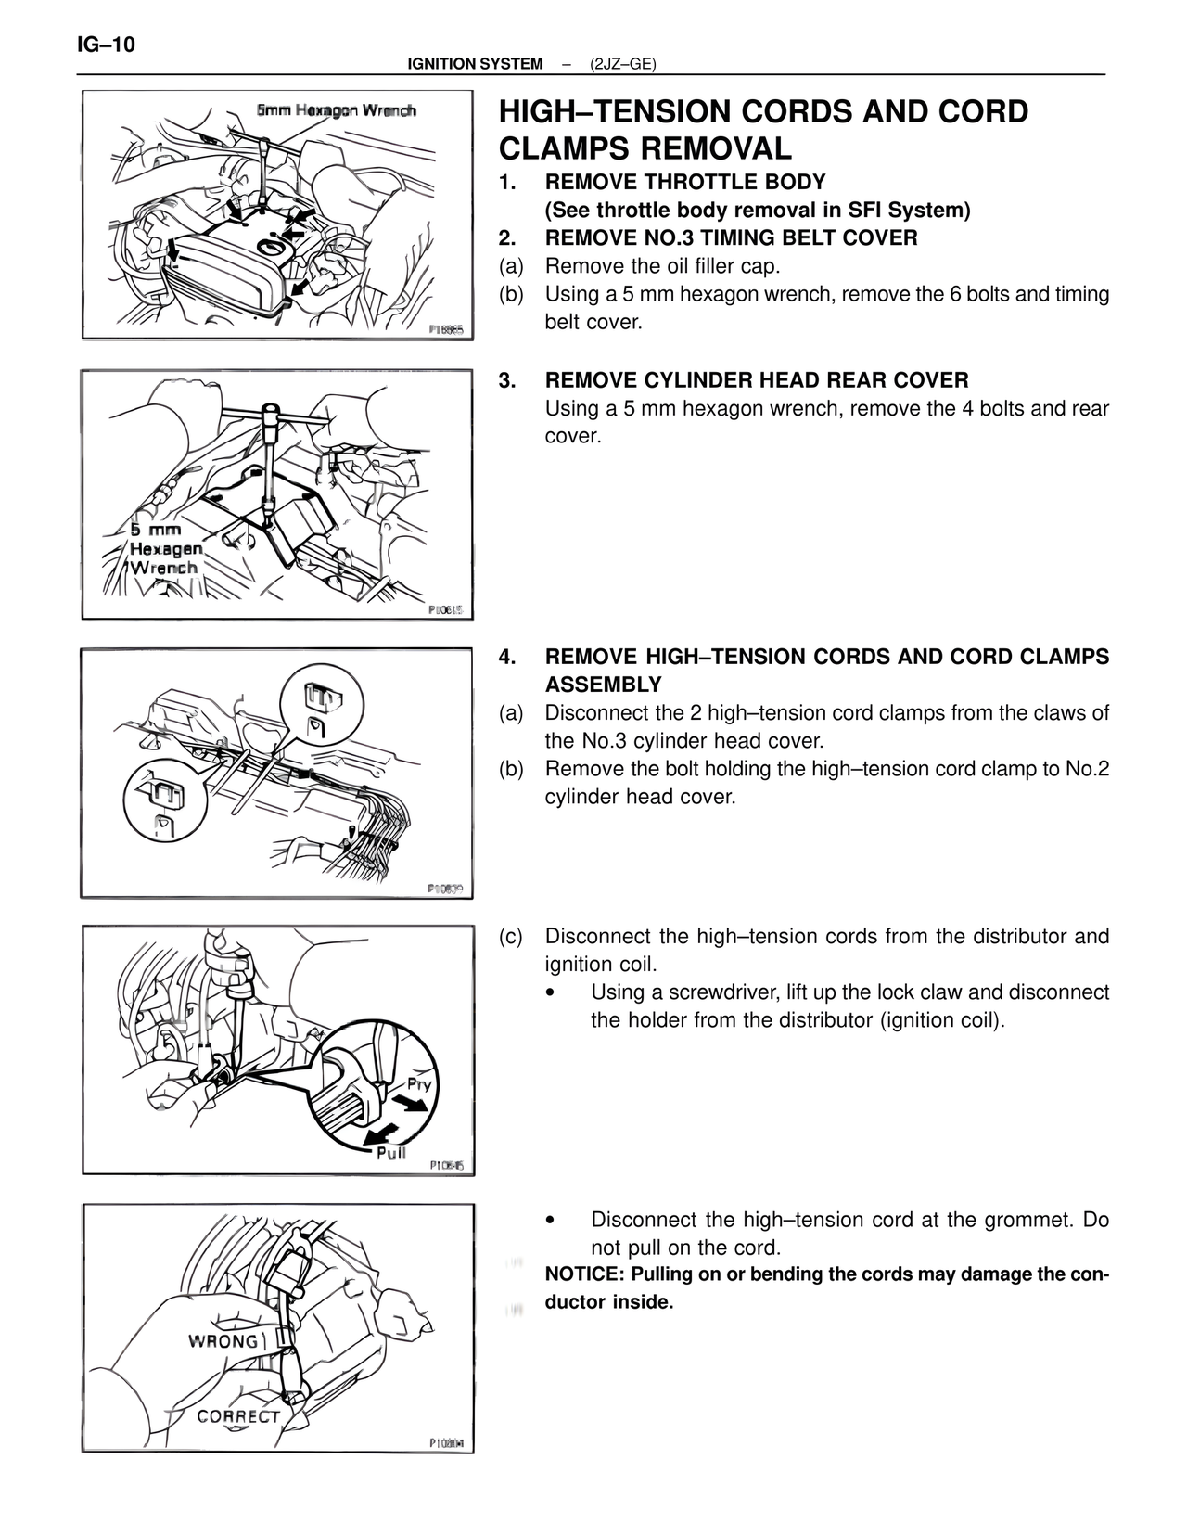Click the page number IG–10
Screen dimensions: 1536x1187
click(106, 45)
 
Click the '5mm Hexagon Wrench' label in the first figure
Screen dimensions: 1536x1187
click(337, 111)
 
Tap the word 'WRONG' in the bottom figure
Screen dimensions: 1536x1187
click(223, 1341)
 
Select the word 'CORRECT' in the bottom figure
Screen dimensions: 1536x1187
click(238, 1416)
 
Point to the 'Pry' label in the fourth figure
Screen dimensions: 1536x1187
click(419, 1084)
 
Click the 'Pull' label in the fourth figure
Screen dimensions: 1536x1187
click(391, 1153)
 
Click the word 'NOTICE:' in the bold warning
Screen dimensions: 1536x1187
click(584, 1274)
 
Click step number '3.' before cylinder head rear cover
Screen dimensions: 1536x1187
click(507, 380)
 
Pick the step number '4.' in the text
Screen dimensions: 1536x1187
click(507, 657)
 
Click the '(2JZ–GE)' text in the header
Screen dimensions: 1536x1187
click(622, 64)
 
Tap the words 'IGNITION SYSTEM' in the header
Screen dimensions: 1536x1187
click(475, 64)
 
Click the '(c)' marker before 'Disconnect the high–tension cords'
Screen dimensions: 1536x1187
click(511, 936)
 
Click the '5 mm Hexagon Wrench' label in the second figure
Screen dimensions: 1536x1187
click(163, 548)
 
